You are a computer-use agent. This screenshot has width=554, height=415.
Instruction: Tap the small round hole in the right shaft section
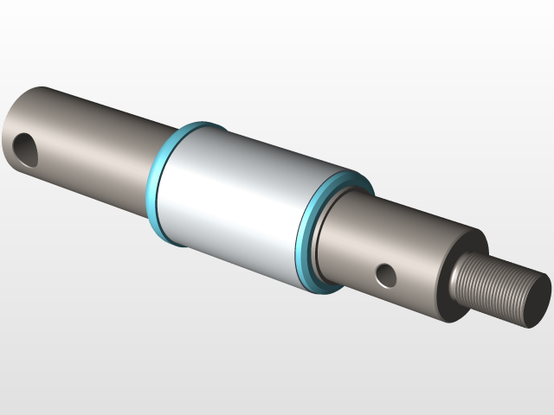(x=386, y=276)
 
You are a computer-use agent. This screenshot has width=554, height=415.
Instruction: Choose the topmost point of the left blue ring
(x=201, y=123)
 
